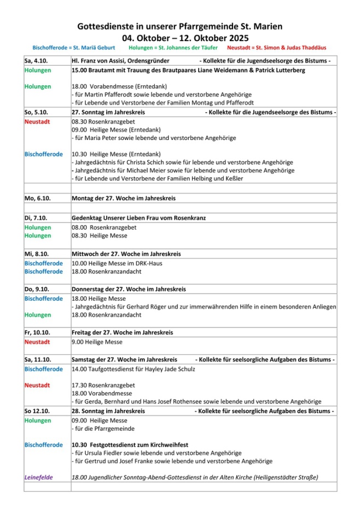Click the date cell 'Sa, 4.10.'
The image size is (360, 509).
point(36,61)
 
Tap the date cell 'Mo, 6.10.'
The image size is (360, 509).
point(37,197)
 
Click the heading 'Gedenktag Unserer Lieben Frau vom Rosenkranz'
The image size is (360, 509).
point(138,218)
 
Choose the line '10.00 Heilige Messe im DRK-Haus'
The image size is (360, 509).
point(113,263)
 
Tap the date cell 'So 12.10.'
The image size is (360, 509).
point(37,411)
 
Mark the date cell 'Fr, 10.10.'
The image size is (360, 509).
point(38,332)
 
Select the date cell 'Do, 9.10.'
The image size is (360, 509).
point(37,289)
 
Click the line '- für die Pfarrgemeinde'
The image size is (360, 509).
point(103,429)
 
